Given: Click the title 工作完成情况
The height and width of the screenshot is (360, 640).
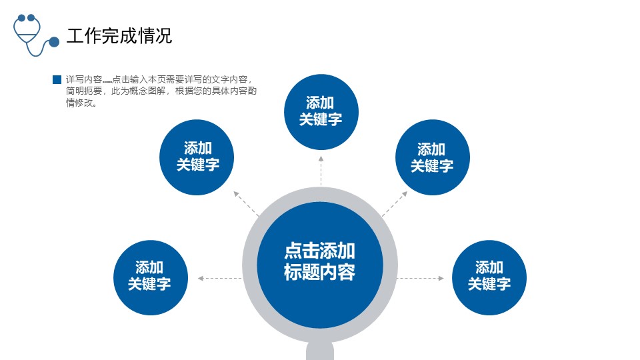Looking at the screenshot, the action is click(x=119, y=35).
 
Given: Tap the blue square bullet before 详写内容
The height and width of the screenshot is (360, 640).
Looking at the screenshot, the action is click(x=57, y=79).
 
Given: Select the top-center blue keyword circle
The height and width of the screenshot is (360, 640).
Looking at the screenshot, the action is click(x=321, y=112).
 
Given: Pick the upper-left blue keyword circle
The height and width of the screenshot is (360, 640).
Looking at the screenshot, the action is click(x=197, y=157).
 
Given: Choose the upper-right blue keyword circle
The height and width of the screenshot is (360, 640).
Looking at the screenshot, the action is click(x=433, y=157).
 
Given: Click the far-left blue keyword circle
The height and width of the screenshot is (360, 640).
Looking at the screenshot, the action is click(x=151, y=277).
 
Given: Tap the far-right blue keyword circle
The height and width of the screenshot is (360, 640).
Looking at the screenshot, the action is click(x=489, y=277).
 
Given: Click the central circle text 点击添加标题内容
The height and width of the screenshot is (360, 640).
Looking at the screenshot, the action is click(x=319, y=261).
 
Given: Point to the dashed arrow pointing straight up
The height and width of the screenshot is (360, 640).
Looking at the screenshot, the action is click(x=321, y=171).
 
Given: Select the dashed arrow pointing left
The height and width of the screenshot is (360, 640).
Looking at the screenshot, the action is click(x=219, y=279).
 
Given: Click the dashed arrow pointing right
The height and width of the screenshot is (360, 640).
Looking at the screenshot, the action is click(x=421, y=279).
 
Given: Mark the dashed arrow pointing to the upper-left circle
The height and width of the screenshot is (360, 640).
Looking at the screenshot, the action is click(x=246, y=203).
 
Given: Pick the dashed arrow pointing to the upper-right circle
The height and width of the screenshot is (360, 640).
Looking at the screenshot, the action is click(x=395, y=203).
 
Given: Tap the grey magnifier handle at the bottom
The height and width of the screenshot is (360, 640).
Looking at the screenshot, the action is click(x=320, y=351).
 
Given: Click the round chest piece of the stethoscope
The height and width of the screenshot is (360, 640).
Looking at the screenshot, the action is click(x=54, y=41).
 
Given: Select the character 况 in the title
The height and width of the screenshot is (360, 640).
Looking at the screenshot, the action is click(x=164, y=35).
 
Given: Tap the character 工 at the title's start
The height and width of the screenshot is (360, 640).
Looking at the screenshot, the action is click(x=75, y=35).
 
